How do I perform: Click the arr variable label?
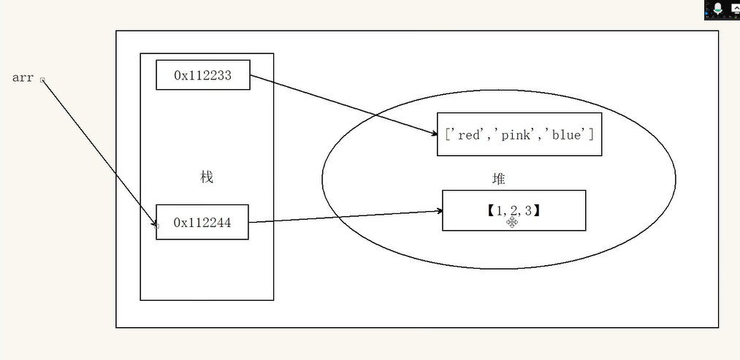(23, 78)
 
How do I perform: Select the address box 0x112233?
(203, 74)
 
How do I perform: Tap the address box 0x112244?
(202, 222)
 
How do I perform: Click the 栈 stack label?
(207, 177)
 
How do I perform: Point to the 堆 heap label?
(498, 179)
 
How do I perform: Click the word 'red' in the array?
(468, 135)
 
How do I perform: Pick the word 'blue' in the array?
(567, 135)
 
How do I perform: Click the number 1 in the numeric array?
(500, 211)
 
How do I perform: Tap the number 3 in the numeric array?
(528, 211)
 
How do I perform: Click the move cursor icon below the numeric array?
(512, 222)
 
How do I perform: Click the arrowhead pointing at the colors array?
(434, 134)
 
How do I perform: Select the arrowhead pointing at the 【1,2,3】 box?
(439, 211)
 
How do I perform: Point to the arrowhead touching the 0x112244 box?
(154, 223)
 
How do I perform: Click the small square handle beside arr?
(42, 80)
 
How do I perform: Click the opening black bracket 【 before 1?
(490, 211)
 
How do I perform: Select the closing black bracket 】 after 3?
(537, 211)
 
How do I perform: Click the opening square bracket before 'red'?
(448, 135)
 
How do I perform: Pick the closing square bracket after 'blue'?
(591, 135)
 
